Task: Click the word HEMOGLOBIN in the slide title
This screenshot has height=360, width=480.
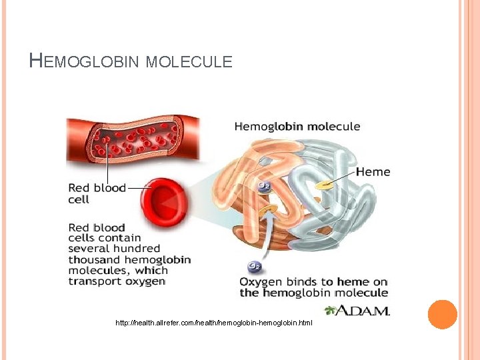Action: [85, 62]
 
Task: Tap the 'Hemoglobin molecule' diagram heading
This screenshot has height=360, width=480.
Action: [297, 126]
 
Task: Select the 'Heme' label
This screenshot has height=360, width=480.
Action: [373, 172]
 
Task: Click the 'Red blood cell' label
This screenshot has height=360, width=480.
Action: [97, 193]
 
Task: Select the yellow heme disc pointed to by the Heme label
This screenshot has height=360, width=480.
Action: [325, 183]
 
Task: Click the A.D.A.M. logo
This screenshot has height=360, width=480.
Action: [357, 310]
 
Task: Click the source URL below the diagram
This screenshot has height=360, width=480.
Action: [213, 323]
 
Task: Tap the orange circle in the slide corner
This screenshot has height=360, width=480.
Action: [442, 314]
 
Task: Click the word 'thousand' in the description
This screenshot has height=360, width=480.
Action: [95, 259]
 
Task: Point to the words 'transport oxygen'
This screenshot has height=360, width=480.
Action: [117, 281]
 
